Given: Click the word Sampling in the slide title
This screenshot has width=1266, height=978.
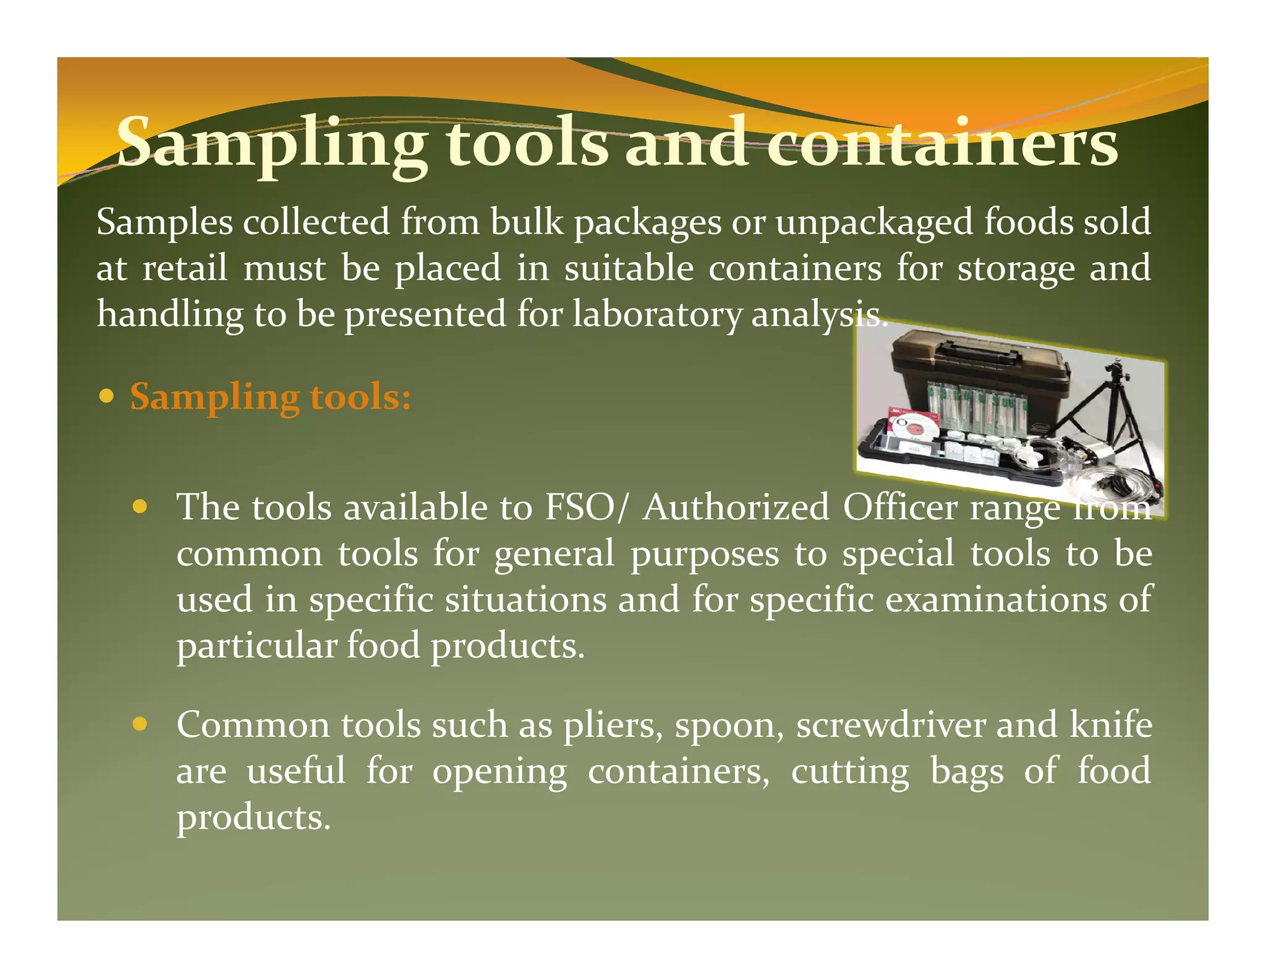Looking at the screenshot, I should [x=272, y=145].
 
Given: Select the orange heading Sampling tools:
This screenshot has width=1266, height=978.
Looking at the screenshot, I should [x=270, y=397].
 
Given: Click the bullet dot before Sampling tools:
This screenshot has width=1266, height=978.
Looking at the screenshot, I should [x=107, y=396].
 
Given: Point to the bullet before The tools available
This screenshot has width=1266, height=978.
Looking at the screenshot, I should [x=140, y=507].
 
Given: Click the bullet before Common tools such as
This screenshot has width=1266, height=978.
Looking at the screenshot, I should [x=140, y=724].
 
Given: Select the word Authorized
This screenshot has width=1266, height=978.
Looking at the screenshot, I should [x=736, y=508].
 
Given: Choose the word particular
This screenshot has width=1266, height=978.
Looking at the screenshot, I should [x=257, y=647].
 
